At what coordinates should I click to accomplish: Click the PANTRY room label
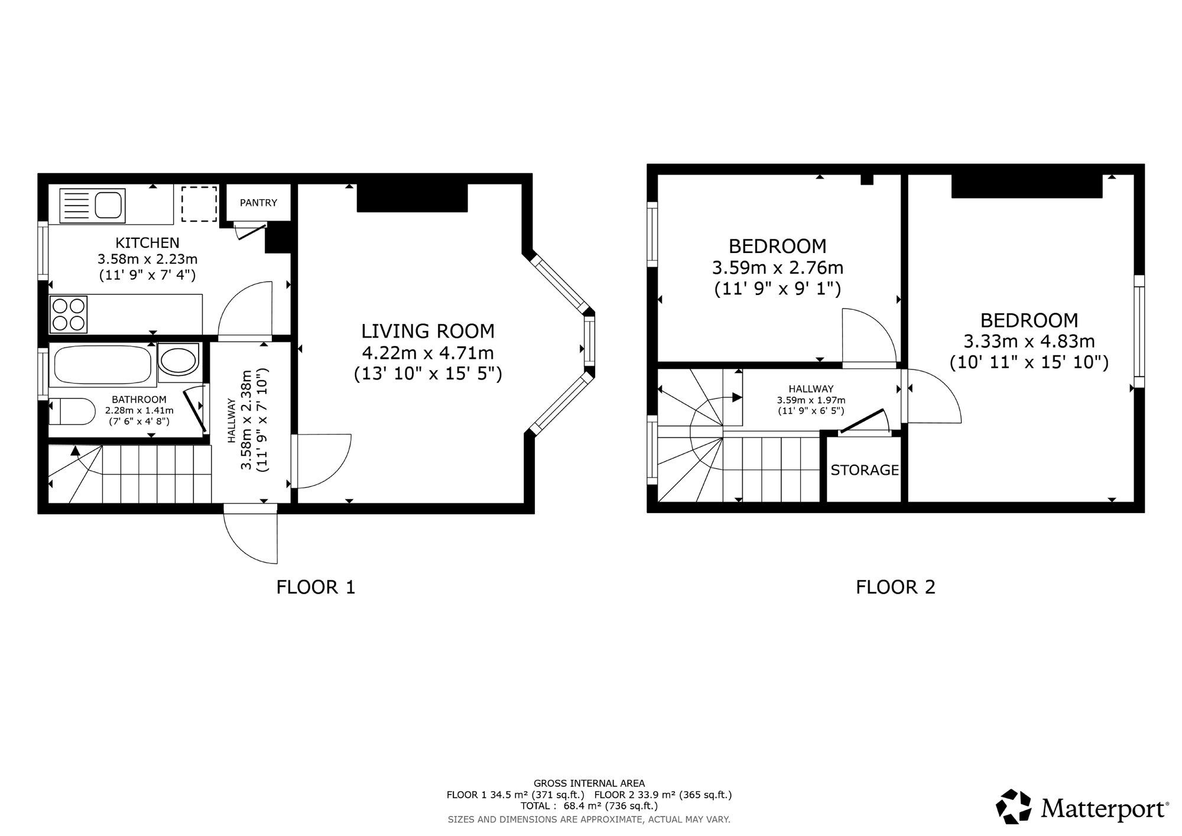258,203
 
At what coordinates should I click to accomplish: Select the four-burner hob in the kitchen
69,314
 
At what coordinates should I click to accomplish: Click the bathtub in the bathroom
103,365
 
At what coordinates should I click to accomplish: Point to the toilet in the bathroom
72,411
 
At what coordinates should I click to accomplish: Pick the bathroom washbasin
179,359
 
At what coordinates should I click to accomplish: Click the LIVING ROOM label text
428,331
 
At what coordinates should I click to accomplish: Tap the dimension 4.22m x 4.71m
428,353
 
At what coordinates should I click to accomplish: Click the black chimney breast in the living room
413,197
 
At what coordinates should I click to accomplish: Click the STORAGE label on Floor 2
865,470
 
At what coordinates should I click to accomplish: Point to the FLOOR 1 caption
316,587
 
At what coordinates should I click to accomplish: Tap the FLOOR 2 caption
895,587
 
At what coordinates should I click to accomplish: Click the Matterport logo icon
1014,806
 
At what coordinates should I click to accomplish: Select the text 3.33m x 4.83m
1029,342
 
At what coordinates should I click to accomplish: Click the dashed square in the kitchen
199,204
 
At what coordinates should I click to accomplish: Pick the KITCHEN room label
147,243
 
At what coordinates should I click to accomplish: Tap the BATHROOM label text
139,400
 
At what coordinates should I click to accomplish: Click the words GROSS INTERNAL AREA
589,784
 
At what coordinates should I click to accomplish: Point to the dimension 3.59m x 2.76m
777,268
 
